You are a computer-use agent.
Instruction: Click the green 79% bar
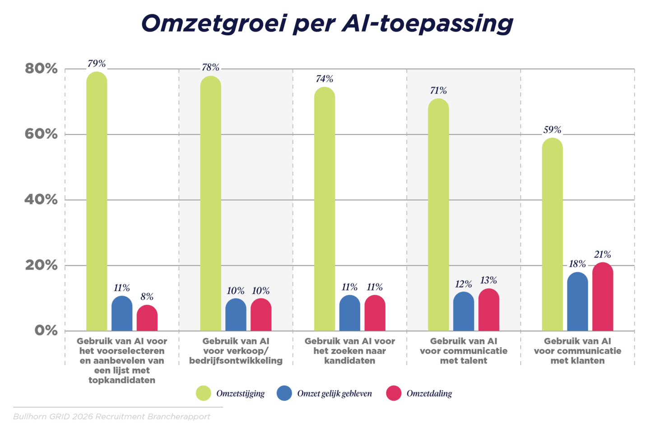point(97,203)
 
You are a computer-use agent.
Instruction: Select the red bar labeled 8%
point(147,319)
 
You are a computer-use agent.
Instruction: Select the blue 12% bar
point(464,312)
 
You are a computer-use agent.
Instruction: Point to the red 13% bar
point(489,310)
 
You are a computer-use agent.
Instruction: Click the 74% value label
point(324,79)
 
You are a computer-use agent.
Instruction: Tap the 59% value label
point(552,130)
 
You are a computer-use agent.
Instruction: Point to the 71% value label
point(438,91)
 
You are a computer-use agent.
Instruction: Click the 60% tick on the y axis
point(41,134)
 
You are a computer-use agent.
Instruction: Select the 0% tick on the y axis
point(46,331)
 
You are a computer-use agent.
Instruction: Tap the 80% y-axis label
point(41,69)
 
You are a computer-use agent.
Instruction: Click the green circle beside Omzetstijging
point(204,393)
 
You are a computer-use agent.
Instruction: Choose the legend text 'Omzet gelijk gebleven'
point(334,394)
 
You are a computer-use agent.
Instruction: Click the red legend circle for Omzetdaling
point(394,393)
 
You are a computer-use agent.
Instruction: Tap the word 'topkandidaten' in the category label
point(122,380)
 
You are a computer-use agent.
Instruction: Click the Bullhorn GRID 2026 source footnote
point(111,417)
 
